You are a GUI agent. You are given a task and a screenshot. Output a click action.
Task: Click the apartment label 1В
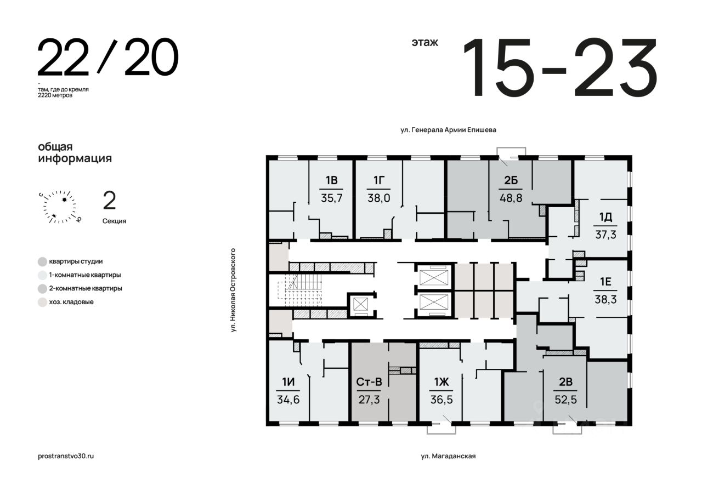331,180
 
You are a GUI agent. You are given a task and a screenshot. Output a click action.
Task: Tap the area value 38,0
378,198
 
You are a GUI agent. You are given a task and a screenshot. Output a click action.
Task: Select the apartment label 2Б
511,180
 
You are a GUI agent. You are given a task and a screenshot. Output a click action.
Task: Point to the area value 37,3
605,235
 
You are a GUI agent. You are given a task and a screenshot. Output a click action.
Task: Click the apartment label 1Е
605,282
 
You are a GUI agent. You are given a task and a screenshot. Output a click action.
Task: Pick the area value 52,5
565,400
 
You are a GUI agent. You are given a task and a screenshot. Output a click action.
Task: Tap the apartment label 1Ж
441,382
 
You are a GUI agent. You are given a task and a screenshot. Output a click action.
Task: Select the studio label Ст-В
369,382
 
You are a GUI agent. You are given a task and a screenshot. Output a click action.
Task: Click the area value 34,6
288,400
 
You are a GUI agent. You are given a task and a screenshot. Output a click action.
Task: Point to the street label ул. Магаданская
448,456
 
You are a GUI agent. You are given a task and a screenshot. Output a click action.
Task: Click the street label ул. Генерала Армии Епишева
448,130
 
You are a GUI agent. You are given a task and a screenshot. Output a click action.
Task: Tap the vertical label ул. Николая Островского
233,290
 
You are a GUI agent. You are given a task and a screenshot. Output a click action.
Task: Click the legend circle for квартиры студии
42,261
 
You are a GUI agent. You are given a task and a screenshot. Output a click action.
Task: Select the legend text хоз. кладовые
71,302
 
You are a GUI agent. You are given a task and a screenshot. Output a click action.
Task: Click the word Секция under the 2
115,221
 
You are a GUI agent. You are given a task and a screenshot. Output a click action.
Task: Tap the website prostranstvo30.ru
66,456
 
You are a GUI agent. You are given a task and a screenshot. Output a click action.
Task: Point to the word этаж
424,42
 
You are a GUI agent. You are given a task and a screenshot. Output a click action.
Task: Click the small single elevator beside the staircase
360,304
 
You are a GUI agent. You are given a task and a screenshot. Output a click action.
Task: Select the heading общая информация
75,152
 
